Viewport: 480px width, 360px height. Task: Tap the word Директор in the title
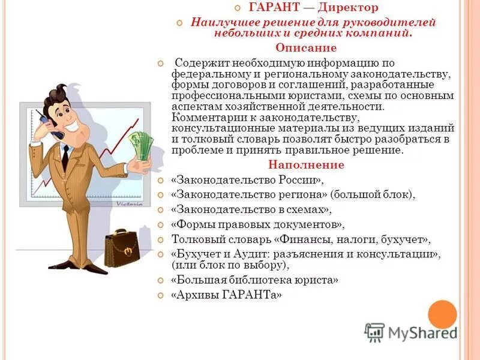coord(349,8)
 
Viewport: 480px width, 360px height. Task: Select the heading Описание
coord(306,47)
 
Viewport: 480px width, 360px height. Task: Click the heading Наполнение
coord(306,165)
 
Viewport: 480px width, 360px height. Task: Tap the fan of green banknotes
coord(142,145)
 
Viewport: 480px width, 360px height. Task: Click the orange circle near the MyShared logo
coord(442,314)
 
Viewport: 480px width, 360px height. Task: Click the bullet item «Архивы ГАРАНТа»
coord(226,295)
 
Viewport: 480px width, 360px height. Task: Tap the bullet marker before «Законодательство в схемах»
coord(160,210)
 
